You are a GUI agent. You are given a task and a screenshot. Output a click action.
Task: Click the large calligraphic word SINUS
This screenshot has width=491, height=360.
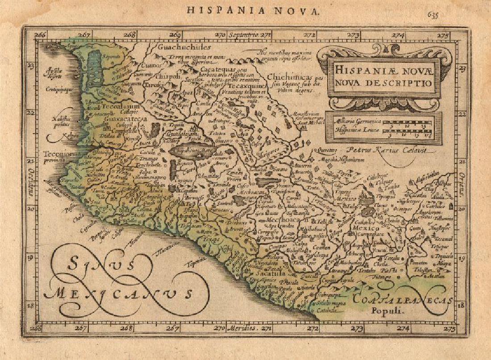100,267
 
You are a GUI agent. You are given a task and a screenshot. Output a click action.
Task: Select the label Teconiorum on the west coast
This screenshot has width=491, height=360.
61,155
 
